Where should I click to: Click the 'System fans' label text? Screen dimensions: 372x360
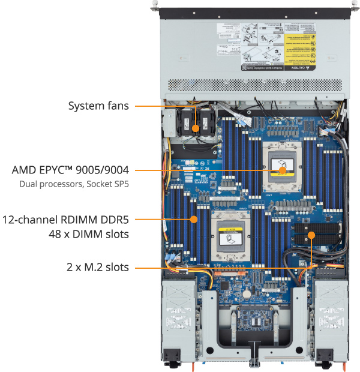point(98,106)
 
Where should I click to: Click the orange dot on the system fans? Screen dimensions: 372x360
point(196,128)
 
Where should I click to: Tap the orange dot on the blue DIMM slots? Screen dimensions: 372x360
point(193,220)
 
